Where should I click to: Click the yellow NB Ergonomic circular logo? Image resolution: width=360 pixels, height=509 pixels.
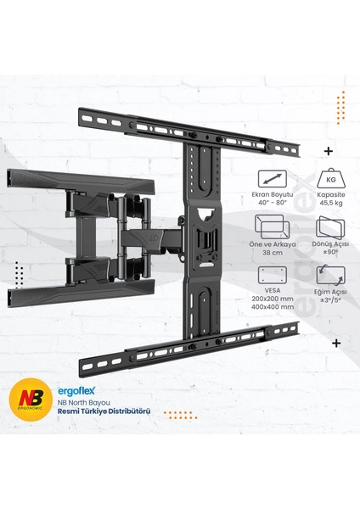point(31,400)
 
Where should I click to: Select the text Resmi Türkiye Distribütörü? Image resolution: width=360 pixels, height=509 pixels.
point(104,411)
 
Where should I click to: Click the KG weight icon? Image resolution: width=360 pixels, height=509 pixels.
point(331,178)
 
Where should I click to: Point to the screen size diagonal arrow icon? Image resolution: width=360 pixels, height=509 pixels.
point(272,179)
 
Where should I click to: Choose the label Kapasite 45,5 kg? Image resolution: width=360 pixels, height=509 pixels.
point(331,199)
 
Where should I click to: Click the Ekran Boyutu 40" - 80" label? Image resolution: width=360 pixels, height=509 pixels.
point(273,199)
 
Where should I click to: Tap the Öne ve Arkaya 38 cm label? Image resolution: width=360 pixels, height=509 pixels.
point(273,249)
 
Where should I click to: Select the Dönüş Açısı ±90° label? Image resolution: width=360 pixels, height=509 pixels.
point(330,248)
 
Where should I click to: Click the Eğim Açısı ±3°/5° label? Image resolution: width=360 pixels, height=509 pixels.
point(330,296)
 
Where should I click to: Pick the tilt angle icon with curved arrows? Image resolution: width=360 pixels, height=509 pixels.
point(330,275)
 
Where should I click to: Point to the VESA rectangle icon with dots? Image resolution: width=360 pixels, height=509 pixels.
point(273,275)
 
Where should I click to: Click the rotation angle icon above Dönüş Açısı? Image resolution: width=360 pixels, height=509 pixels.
point(330,227)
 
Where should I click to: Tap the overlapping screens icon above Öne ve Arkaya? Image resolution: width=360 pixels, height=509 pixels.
point(272,227)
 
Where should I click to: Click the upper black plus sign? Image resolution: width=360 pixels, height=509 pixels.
point(329,151)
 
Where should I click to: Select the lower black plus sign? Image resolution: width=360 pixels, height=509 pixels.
point(336,343)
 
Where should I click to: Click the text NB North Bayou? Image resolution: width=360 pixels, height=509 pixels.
point(83,402)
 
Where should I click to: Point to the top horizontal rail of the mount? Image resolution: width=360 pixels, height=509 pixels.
point(188,132)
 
